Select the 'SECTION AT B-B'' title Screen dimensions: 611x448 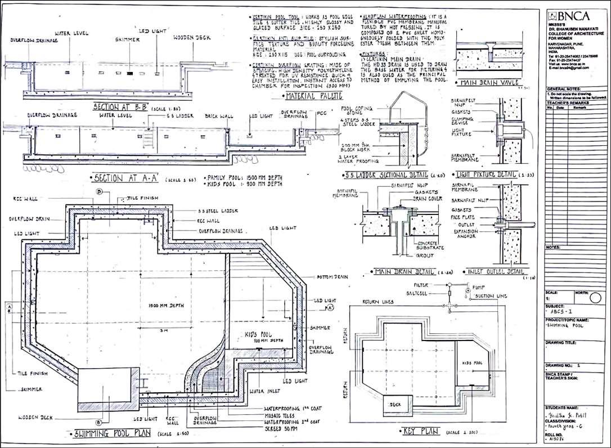(119, 107)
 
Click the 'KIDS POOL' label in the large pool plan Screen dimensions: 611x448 (258, 334)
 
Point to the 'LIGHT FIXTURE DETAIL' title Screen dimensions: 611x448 (487, 176)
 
